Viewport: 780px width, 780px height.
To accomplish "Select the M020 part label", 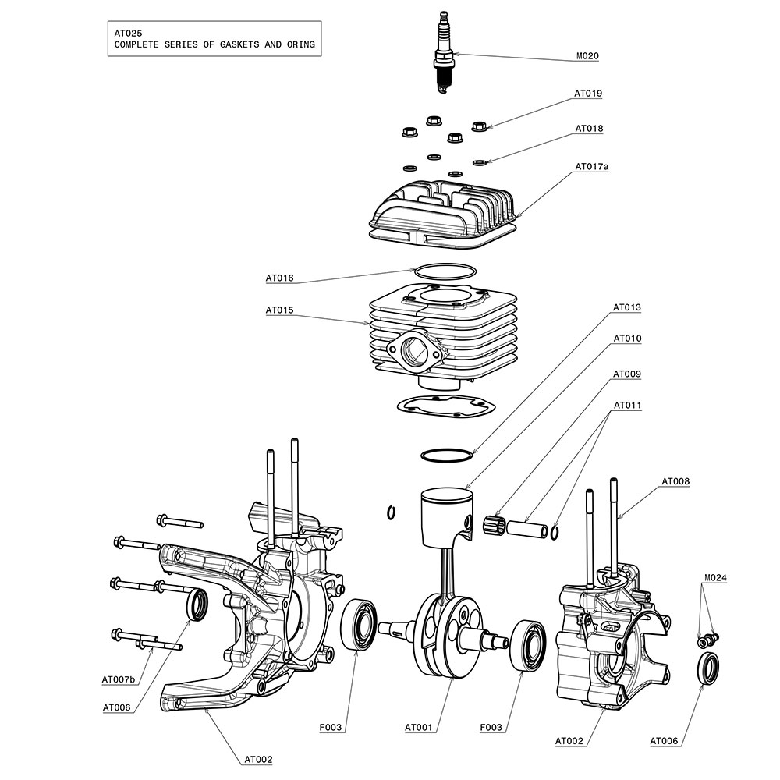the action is point(587,56).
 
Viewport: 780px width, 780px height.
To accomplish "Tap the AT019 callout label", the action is point(588,94).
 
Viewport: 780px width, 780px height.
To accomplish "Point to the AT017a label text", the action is point(591,167).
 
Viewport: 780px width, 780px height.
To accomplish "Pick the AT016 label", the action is point(279,278).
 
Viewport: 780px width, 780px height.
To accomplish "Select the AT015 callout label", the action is point(279,310).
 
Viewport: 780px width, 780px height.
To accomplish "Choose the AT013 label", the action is point(627,307).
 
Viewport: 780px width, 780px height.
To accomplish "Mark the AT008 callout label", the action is point(675,481).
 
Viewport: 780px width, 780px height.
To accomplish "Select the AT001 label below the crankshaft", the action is point(418,728).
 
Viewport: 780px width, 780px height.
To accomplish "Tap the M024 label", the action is point(715,578).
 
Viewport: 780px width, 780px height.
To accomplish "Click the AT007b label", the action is point(119,680).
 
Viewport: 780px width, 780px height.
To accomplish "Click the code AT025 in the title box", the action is point(128,34).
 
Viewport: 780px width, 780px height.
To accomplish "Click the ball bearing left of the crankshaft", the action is point(358,625).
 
